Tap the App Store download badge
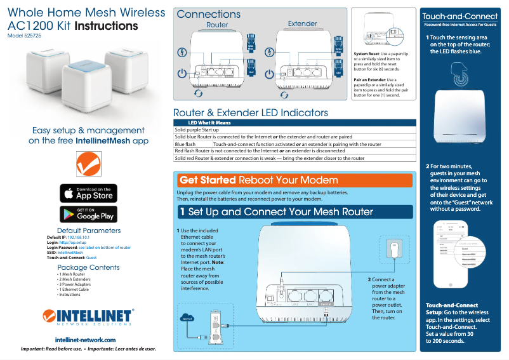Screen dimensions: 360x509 pyautogui.click(x=88, y=193)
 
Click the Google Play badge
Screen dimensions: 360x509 pyautogui.click(x=88, y=214)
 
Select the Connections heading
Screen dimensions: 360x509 pyautogui.click(x=209, y=14)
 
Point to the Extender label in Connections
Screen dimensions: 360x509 pyautogui.click(x=302, y=24)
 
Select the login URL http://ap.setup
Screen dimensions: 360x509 pyautogui.click(x=72, y=243)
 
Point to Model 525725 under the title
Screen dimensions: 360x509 pyautogui.click(x=24, y=37)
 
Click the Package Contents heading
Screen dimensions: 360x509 pyautogui.click(x=88, y=267)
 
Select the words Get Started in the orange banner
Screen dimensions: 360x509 pyautogui.click(x=208, y=180)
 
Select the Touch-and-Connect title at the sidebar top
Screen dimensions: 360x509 pyautogui.click(x=459, y=16)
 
